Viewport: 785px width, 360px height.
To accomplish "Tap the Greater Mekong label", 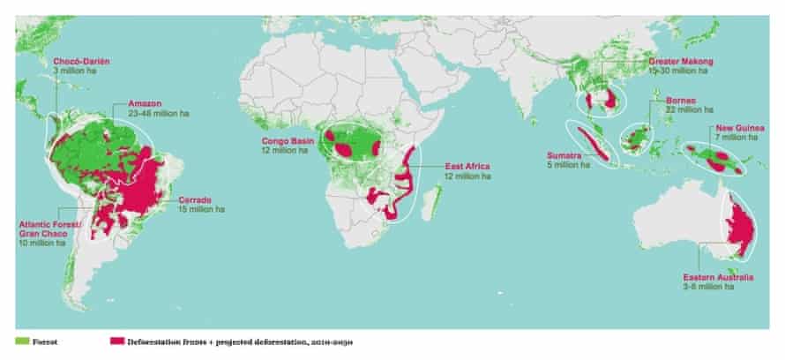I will (x=680, y=63).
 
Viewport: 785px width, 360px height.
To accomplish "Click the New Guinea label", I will (x=739, y=129).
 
